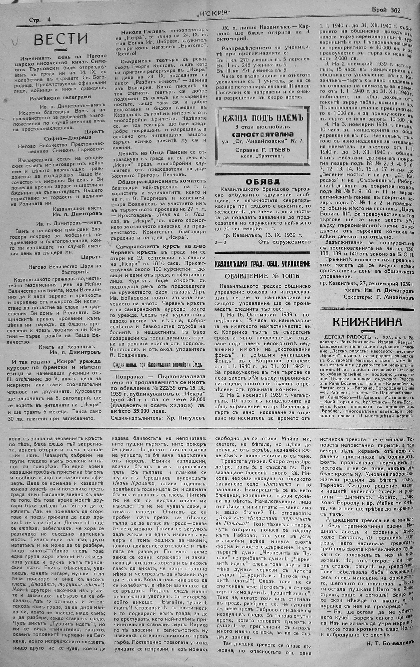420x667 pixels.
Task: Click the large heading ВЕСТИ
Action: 61,39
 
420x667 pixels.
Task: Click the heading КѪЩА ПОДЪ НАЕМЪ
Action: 263,118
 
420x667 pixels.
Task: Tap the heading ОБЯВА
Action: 263,181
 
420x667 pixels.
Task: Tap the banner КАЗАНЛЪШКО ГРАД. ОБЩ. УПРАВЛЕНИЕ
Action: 263,264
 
